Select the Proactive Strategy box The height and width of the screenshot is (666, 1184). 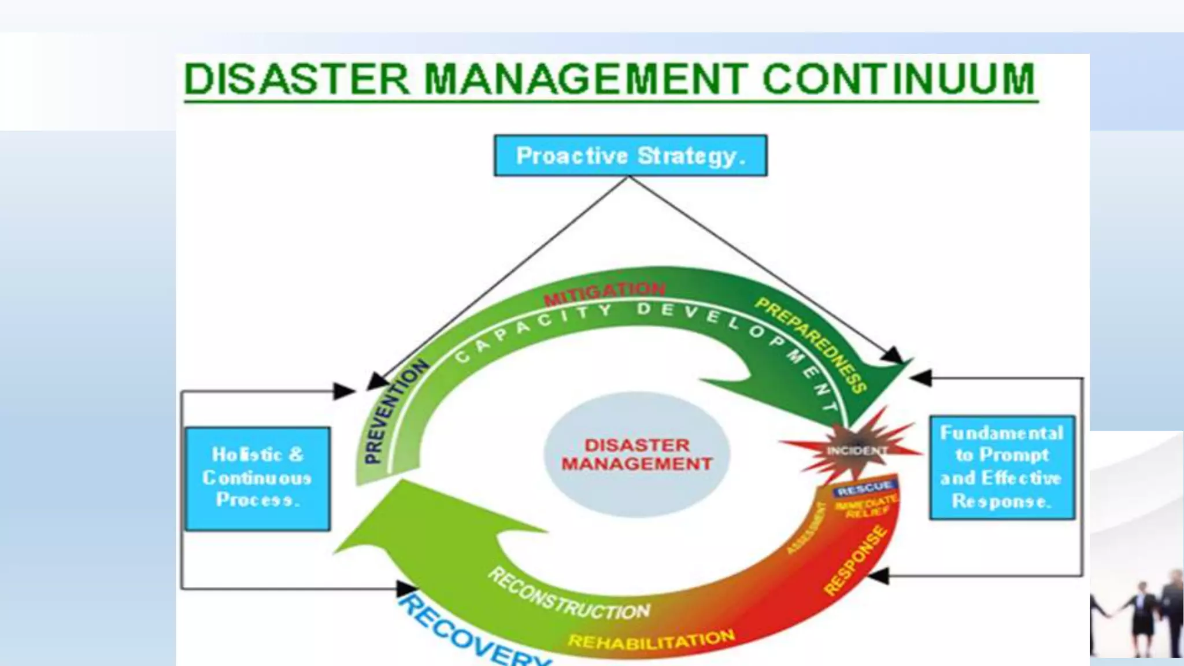(x=630, y=156)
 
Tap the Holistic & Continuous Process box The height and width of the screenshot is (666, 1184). (x=257, y=478)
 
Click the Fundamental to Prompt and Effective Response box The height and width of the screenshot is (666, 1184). (x=1001, y=467)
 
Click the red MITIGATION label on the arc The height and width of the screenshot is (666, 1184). (x=605, y=293)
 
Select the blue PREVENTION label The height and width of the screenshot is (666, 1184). (x=395, y=412)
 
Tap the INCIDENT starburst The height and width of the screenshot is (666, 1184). (x=853, y=450)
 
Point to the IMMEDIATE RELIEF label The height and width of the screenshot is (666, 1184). (x=866, y=506)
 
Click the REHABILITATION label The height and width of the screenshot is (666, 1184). (x=651, y=639)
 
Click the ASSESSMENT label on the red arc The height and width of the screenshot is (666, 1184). (x=806, y=528)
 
